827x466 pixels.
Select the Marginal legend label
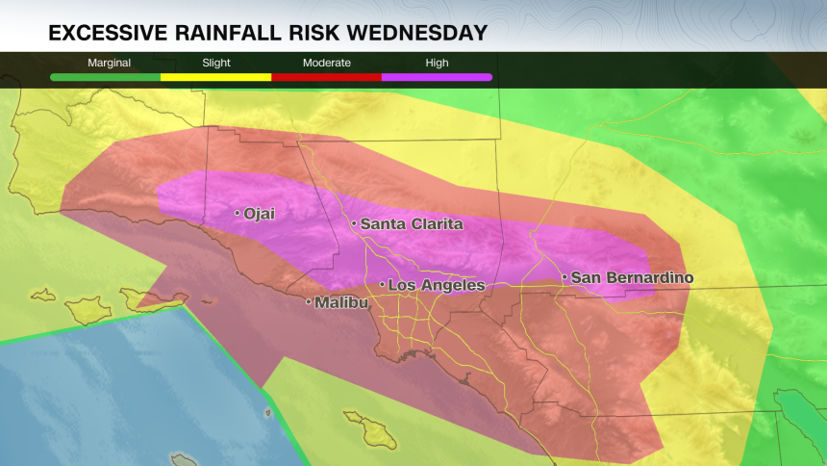pos(109,63)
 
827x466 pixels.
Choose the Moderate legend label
pos(327,63)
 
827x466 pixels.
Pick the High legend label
pos(438,63)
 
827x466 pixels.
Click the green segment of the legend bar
pos(105,76)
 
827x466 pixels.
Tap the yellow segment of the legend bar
pos(215,76)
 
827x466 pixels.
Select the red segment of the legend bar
pos(327,76)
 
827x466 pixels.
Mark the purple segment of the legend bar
pos(438,76)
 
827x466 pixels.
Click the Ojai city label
pos(260,214)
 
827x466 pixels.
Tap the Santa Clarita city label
pos(412,224)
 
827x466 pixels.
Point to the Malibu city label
pos(341,302)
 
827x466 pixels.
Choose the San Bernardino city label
pos(632,277)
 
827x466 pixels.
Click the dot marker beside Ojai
pos(238,213)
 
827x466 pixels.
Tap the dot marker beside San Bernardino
pos(564,277)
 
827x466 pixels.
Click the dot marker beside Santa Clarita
pos(354,224)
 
